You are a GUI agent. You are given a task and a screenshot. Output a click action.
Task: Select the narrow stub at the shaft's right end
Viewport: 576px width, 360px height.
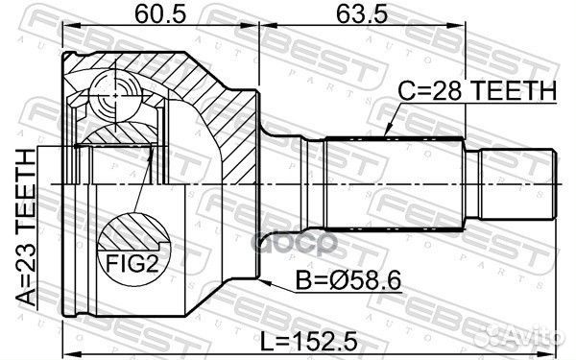(x=519, y=180)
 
